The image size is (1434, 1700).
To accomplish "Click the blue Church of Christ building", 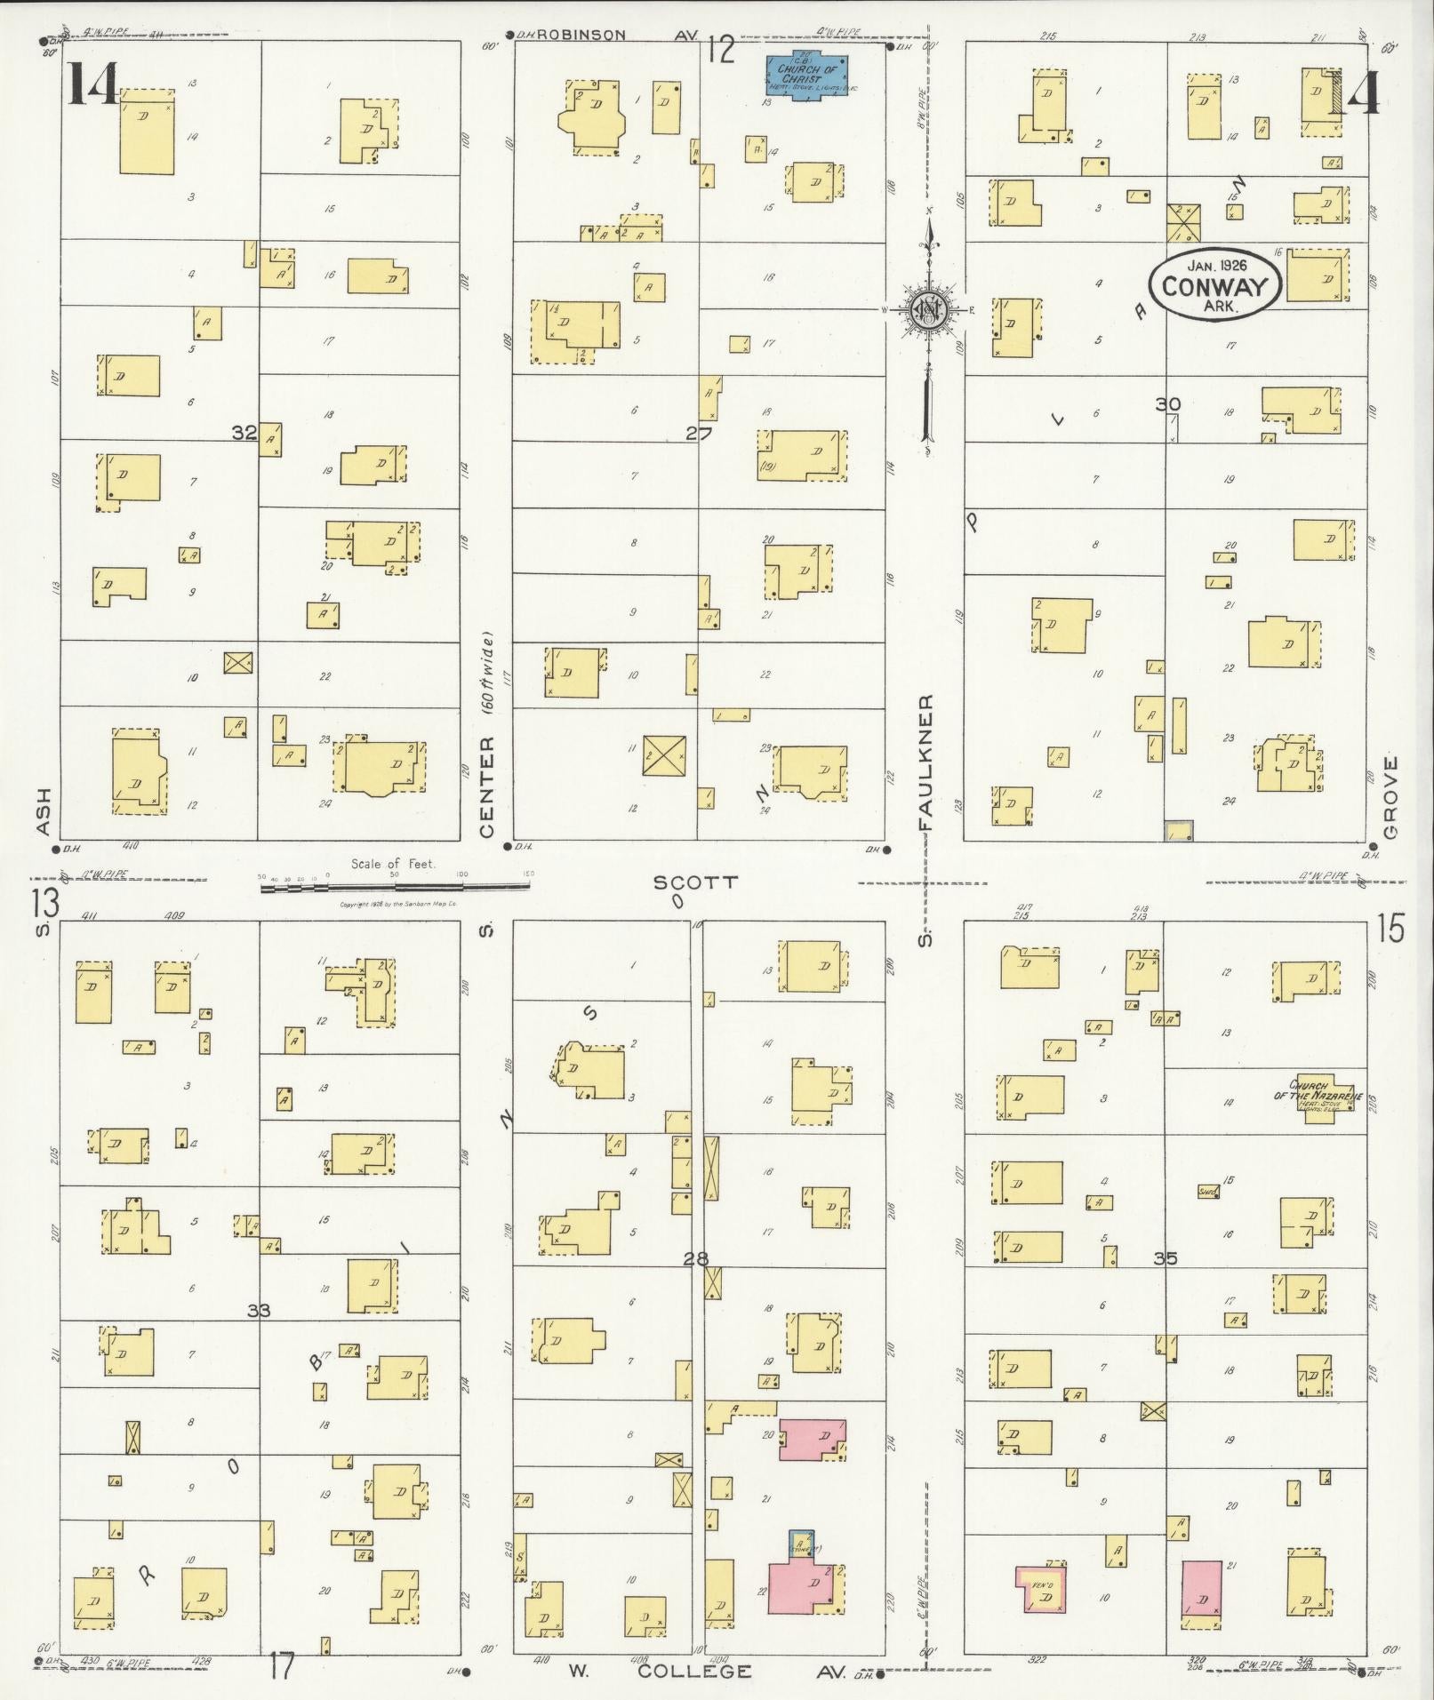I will pyautogui.click(x=807, y=75).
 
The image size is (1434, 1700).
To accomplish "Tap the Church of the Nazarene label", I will pyautogui.click(x=1318, y=1089).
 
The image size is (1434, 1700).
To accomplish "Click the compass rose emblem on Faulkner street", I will pyautogui.click(x=927, y=308).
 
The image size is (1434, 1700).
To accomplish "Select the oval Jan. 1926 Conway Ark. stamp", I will pyautogui.click(x=1214, y=286).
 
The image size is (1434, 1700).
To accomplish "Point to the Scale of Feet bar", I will pyautogui.click(x=396, y=887).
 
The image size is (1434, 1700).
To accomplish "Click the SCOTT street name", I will pyautogui.click(x=695, y=882).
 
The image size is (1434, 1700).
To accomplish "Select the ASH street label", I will pyautogui.click(x=44, y=811).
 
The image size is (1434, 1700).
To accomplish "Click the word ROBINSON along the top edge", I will pyautogui.click(x=581, y=36).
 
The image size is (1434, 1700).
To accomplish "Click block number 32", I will pyautogui.click(x=244, y=433).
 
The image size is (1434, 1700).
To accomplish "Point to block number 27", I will pyautogui.click(x=699, y=433).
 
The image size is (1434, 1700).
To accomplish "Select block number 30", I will pyautogui.click(x=1168, y=404).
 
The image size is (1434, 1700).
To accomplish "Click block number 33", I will pyautogui.click(x=259, y=1309).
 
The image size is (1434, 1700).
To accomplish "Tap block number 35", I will pyautogui.click(x=1166, y=1258).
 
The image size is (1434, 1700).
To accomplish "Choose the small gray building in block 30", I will pyautogui.click(x=1179, y=831).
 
